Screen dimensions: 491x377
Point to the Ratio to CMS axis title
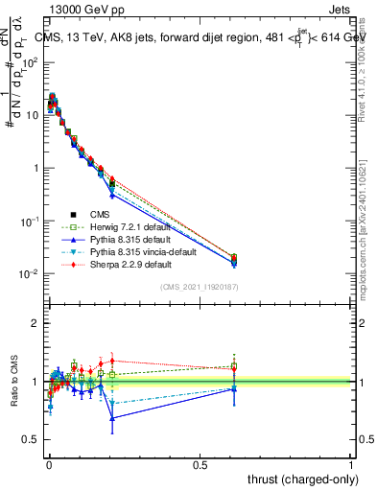pyautogui.click(x=14, y=395)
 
